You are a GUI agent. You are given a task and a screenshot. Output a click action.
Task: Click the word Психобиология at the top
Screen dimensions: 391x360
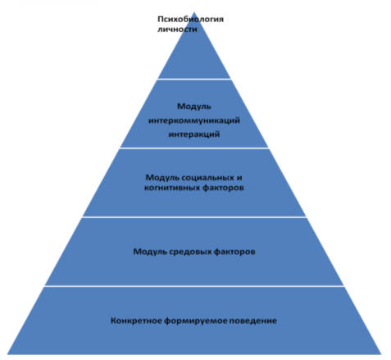pos(190,20)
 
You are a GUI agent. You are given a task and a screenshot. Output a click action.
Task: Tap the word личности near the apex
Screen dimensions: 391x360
pos(177,29)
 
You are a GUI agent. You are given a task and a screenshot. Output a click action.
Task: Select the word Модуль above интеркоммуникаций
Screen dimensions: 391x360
pos(194,107)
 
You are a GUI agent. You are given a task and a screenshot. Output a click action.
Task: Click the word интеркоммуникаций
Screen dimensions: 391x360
pos(194,121)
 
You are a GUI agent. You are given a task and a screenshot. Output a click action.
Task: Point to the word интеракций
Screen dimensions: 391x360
pos(194,134)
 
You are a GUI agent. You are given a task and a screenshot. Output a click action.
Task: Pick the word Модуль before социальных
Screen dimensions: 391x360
pos(162,178)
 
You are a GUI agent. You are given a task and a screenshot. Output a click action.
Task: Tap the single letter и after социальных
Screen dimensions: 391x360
pos(239,178)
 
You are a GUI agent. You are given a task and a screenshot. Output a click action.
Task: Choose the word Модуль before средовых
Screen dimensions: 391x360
pos(150,252)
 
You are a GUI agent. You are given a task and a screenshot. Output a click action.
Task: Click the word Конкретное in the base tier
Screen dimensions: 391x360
pos(136,321)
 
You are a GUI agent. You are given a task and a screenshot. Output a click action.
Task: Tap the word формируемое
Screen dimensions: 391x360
pos(196,321)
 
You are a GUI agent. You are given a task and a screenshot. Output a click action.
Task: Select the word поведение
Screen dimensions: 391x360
pos(253,321)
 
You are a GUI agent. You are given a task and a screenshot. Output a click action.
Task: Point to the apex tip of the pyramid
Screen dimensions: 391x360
pos(194,12)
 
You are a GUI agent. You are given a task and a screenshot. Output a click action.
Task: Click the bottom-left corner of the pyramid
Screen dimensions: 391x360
pos(7,354)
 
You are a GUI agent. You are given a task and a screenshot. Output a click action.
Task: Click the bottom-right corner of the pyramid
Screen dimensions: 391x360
pos(380,354)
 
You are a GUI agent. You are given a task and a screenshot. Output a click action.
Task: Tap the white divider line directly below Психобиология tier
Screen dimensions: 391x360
pos(194,79)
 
